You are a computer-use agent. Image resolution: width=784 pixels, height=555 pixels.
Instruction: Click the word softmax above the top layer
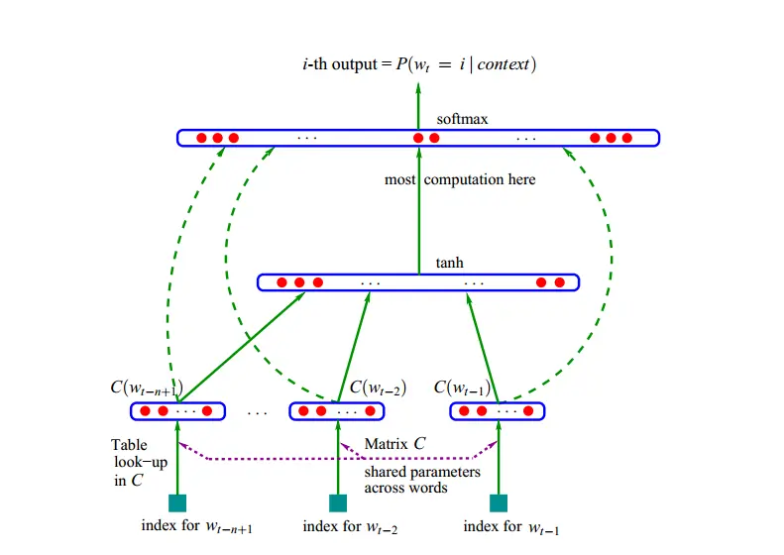click(462, 119)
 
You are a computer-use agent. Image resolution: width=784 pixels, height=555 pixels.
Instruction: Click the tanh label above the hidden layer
click(449, 264)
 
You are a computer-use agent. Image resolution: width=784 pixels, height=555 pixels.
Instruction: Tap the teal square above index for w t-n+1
click(177, 502)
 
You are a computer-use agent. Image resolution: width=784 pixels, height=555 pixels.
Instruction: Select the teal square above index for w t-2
click(338, 502)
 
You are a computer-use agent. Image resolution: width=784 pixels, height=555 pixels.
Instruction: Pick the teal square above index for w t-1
click(499, 502)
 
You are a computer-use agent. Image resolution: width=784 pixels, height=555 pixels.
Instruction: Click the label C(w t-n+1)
click(153, 387)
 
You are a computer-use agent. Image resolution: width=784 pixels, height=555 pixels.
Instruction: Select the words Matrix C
click(394, 443)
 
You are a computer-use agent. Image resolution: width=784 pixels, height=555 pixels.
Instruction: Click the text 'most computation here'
click(460, 179)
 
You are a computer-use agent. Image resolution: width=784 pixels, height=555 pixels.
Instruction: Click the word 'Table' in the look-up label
click(129, 445)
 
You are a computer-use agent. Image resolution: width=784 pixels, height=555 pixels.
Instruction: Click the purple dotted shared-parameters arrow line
click(337, 459)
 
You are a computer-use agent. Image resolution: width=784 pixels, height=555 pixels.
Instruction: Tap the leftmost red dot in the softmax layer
click(199, 138)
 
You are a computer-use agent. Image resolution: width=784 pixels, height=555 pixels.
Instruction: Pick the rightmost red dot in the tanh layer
click(560, 282)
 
